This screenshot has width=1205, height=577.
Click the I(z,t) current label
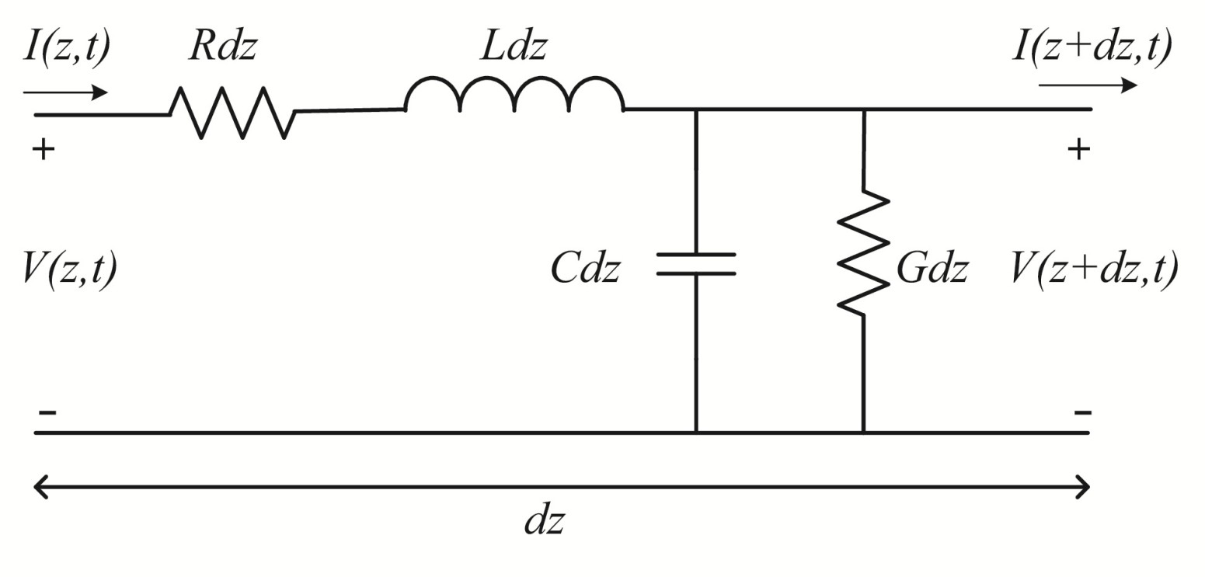tap(67, 48)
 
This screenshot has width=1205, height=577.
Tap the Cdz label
tap(585, 269)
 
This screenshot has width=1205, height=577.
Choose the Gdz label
tap(932, 269)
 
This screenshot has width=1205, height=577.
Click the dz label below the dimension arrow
tap(544, 521)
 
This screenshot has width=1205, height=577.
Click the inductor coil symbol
tap(514, 96)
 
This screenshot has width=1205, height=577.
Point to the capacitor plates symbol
tap(696, 263)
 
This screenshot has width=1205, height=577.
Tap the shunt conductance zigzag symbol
tap(863, 252)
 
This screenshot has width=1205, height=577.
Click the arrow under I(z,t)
tap(65, 92)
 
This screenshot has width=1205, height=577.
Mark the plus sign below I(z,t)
tap(44, 149)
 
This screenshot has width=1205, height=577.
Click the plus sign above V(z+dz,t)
tap(1078, 149)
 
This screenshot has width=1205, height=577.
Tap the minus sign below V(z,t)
tap(47, 412)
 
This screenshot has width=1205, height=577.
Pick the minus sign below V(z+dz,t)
tap(1082, 412)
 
